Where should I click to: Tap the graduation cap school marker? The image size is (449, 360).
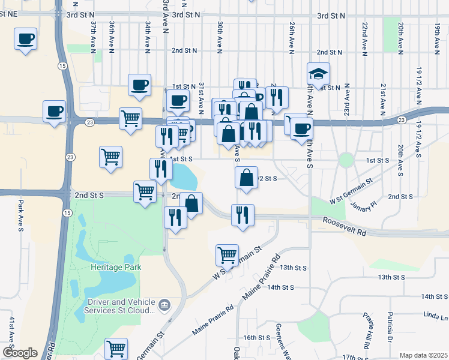[319, 74]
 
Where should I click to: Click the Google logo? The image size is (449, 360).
[20, 353]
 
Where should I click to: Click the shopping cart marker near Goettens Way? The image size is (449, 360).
[116, 348]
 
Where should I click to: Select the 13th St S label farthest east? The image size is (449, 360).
[393, 277]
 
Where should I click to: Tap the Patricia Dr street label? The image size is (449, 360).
[390, 327]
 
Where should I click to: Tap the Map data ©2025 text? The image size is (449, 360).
[423, 355]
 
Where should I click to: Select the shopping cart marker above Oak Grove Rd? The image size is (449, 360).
[227, 254]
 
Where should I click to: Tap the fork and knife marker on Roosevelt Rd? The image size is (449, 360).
[243, 215]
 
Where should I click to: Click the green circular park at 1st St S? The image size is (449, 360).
[346, 160]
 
